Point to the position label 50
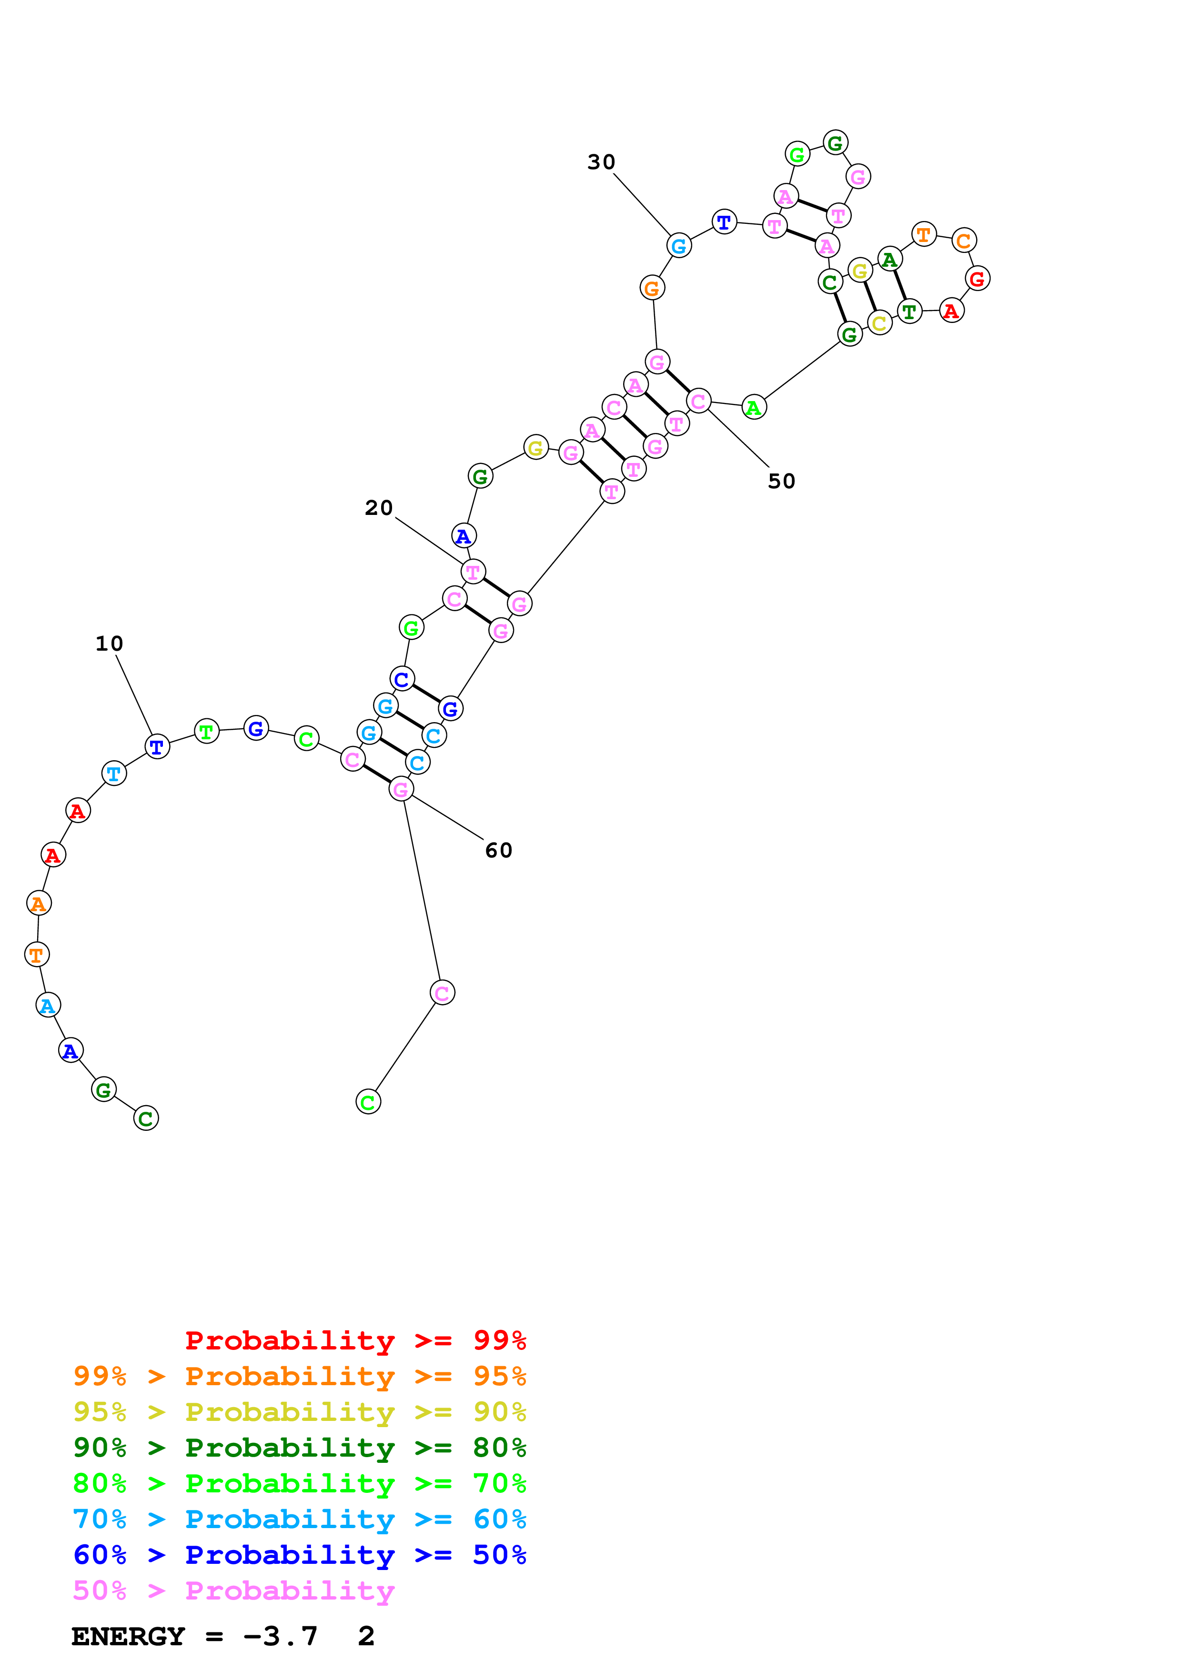[781, 481]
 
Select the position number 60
[498, 850]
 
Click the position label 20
[378, 507]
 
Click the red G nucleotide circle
[977, 278]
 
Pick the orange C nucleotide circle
[963, 240]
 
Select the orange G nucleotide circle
[652, 288]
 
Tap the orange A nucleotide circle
[39, 903]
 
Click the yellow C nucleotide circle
[879, 322]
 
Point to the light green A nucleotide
[754, 408]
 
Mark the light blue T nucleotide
[113, 773]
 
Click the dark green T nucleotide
[909, 312]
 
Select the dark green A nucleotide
[889, 259]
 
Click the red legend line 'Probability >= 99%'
[355, 1340]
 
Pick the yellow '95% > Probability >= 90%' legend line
[299, 1411]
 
